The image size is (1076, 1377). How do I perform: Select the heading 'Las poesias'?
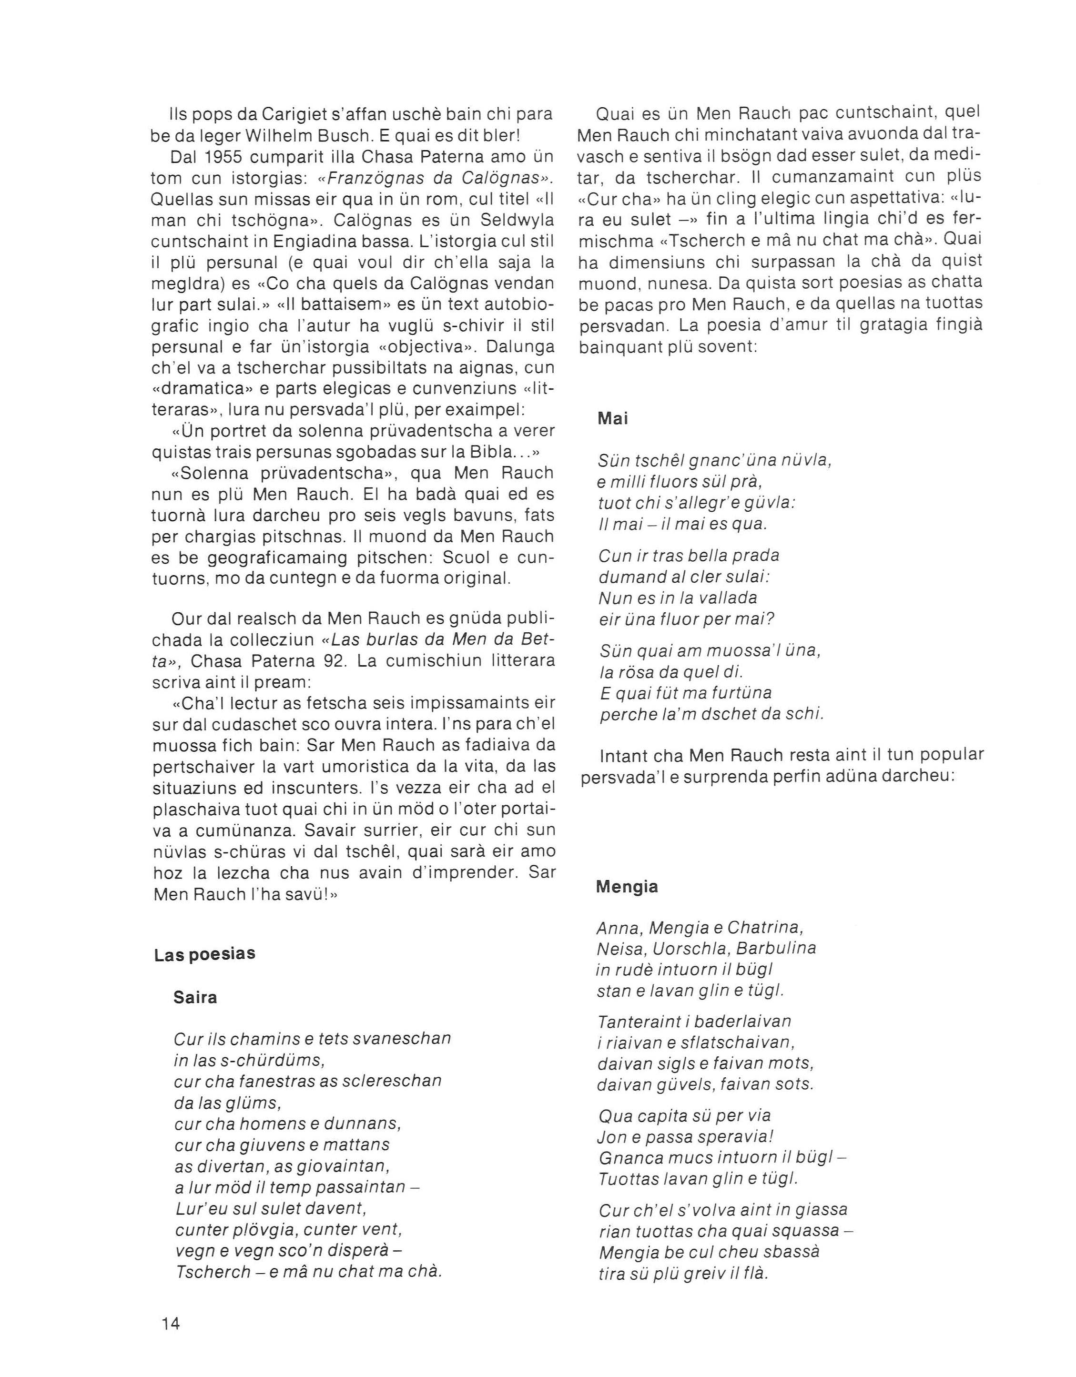click(204, 954)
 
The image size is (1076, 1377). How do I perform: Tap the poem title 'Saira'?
click(195, 997)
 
